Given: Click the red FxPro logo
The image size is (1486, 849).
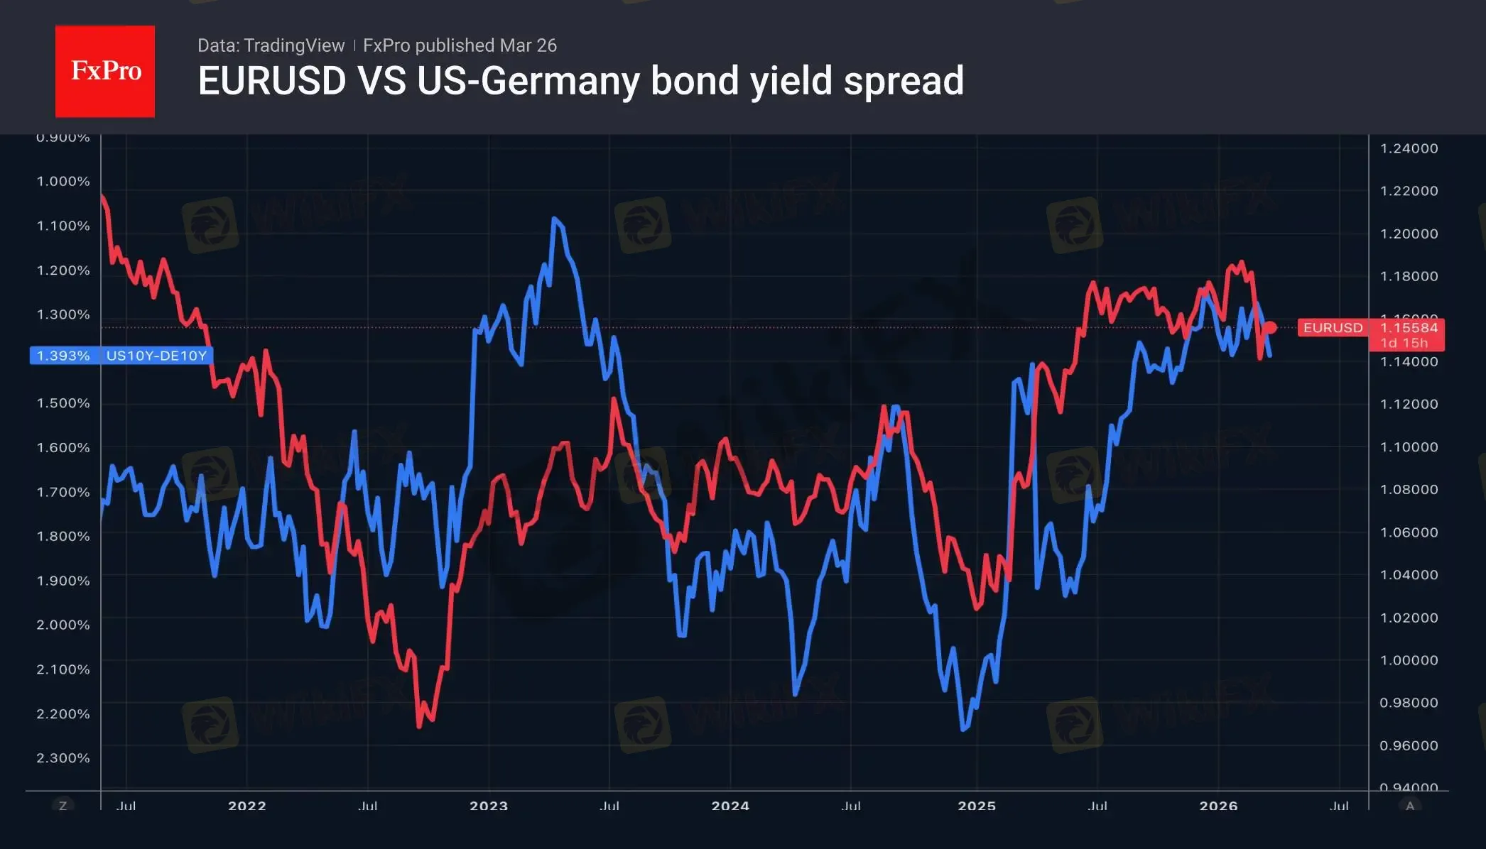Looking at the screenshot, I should [x=105, y=71].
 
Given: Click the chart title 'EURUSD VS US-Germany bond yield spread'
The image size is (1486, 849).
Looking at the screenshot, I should [x=580, y=81].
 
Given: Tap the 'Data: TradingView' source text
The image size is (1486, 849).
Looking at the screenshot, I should [x=271, y=45].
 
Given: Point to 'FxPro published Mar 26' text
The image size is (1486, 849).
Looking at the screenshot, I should [x=460, y=45].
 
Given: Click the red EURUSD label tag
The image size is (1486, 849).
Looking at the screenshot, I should [x=1333, y=328].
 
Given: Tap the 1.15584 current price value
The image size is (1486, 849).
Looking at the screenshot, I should [x=1408, y=328].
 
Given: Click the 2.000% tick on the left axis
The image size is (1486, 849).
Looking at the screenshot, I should [x=63, y=625].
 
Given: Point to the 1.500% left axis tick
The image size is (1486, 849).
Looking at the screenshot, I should [x=63, y=403].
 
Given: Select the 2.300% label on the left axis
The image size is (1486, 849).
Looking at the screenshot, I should [x=63, y=757].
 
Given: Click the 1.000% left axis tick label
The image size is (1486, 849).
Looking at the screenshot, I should [x=63, y=181].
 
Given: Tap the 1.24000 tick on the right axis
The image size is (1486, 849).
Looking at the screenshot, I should [x=1409, y=148].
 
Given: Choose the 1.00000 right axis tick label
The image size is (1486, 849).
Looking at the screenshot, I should [x=1409, y=660].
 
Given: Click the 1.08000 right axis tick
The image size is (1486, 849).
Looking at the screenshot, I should [x=1409, y=489].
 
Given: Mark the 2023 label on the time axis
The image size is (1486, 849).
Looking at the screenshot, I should [x=489, y=806].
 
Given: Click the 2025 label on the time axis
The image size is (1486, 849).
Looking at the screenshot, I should [x=977, y=806].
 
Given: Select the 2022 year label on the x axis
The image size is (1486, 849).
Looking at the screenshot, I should [x=247, y=806].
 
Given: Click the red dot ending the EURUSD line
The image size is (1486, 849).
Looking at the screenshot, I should [x=1271, y=327].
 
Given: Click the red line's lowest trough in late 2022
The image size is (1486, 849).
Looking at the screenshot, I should [x=419, y=726].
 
